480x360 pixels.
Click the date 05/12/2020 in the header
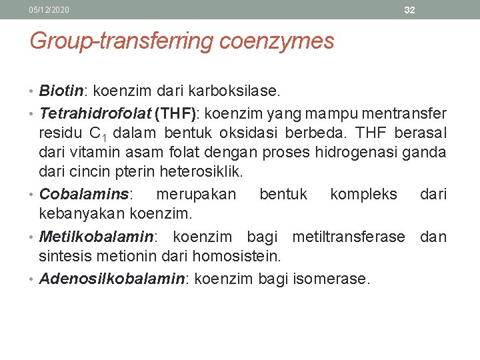pyautogui.click(x=49, y=10)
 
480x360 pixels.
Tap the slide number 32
pyautogui.click(x=409, y=10)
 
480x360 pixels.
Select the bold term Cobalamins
pyautogui.click(x=85, y=194)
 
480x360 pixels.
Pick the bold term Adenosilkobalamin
pyautogui.click(x=111, y=278)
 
